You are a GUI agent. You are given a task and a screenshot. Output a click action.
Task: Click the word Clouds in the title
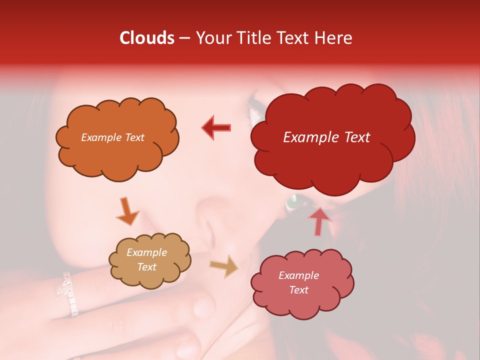coord(147,38)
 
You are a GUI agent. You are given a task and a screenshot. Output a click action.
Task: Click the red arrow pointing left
coord(216,127)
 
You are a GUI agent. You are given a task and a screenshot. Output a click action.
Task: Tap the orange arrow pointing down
coord(127,211)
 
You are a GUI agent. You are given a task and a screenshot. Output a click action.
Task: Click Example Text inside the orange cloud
coord(112,137)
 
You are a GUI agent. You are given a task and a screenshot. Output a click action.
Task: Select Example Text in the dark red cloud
coord(326,137)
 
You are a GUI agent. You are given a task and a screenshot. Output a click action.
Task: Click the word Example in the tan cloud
coord(146,253)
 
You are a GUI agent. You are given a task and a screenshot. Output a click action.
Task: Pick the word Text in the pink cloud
coord(298,290)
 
